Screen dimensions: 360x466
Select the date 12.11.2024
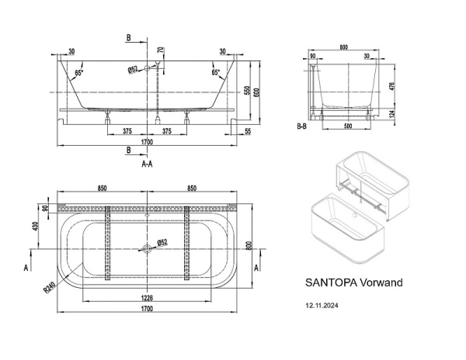point(322,306)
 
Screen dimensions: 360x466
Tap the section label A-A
point(146,165)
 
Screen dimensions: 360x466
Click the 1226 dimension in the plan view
point(145,298)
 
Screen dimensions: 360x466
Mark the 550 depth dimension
point(247,91)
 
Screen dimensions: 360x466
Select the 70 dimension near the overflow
point(160,54)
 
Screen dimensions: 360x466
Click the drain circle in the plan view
point(146,250)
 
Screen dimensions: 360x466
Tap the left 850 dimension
point(101,188)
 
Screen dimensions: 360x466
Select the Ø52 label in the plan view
point(163,242)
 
